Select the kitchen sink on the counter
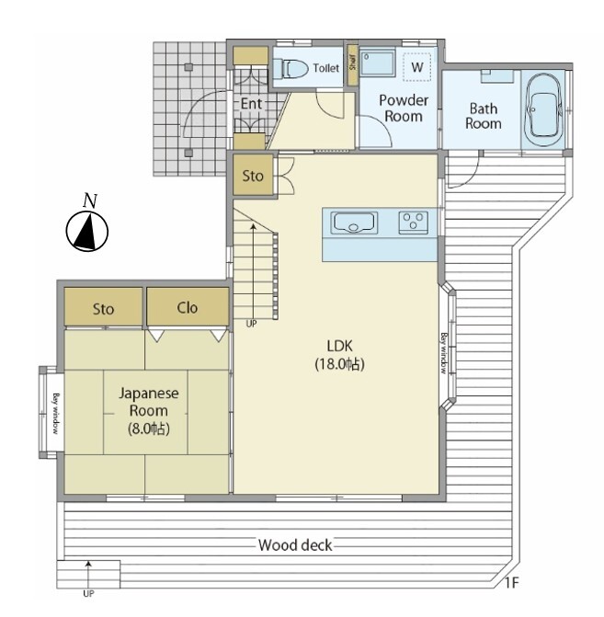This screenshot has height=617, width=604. (x=354, y=223)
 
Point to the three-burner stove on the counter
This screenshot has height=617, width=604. (x=413, y=223)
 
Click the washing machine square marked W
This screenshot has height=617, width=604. (x=417, y=67)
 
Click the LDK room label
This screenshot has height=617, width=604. (x=340, y=355)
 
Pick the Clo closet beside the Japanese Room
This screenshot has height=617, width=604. (x=188, y=306)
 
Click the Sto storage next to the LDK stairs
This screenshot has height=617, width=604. (x=253, y=176)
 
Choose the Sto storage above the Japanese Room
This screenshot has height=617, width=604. (x=104, y=307)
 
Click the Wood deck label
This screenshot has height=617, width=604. (x=295, y=545)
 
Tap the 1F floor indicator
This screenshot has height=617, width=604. (x=511, y=583)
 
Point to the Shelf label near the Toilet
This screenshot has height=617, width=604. (x=352, y=63)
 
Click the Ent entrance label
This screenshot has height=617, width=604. (x=251, y=104)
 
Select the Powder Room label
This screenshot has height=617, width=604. (x=404, y=109)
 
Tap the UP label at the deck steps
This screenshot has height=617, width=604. (x=88, y=594)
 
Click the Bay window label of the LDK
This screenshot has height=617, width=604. (x=444, y=353)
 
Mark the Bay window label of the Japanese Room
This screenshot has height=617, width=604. (x=56, y=413)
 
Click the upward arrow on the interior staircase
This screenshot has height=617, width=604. (x=254, y=270)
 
